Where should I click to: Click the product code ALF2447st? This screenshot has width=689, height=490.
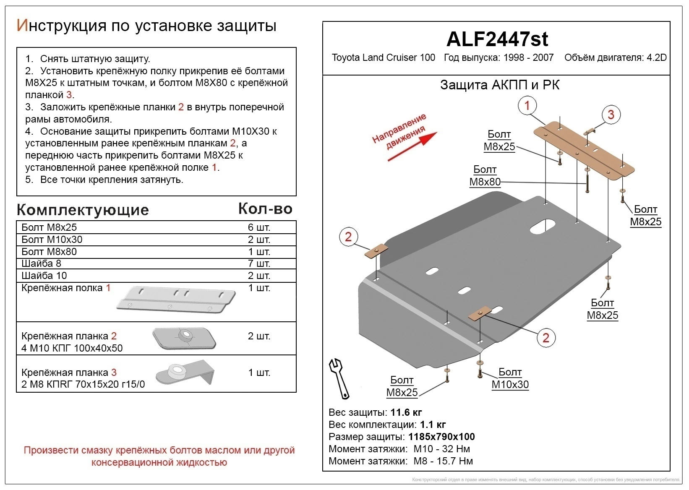(497, 39)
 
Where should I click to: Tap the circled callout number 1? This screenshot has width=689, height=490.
(527, 105)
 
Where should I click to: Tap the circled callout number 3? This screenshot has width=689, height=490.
(611, 115)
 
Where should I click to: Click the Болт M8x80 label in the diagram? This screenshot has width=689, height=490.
(485, 176)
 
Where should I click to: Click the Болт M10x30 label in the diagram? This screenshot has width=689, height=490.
(510, 378)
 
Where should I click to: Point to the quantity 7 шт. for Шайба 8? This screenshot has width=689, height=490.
(259, 263)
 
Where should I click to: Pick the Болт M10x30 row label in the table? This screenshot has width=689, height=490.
(52, 240)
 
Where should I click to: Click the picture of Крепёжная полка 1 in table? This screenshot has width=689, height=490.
(176, 299)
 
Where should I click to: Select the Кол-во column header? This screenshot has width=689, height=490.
(265, 209)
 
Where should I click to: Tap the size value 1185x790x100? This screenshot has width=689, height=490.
(441, 437)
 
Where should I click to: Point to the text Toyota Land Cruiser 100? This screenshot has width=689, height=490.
(384, 57)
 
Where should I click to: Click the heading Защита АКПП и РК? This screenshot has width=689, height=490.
(499, 85)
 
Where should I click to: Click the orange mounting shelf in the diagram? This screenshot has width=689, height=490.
(583, 149)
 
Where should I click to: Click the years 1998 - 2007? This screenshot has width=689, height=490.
(527, 57)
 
